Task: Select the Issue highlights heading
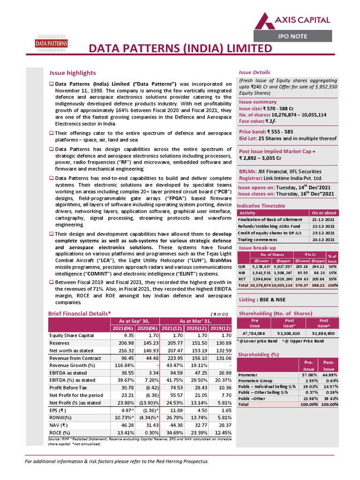[73, 73]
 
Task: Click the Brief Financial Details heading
[80, 313]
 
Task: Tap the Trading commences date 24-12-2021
[323, 240]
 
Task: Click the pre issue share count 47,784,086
[254, 333]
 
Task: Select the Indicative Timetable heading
[261, 206]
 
